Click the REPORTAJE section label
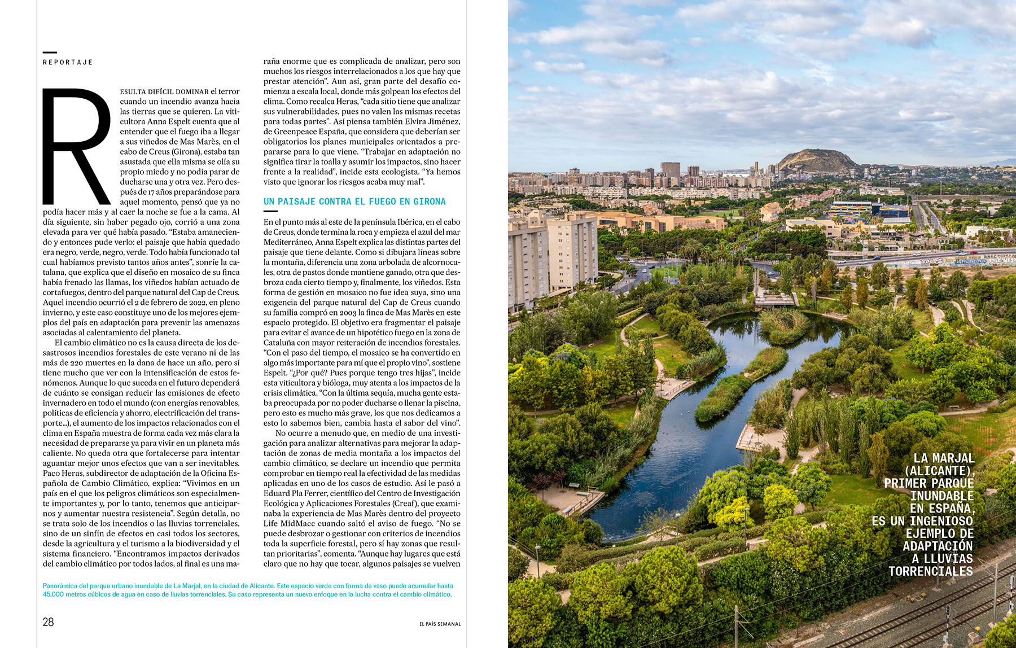click(68, 62)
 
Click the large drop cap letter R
click(76, 147)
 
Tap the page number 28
click(49, 622)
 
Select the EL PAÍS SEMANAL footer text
click(440, 624)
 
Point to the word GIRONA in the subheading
click(429, 202)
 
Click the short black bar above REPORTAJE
click(50, 52)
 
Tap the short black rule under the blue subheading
click(270, 211)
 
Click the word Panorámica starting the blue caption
click(59, 586)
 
